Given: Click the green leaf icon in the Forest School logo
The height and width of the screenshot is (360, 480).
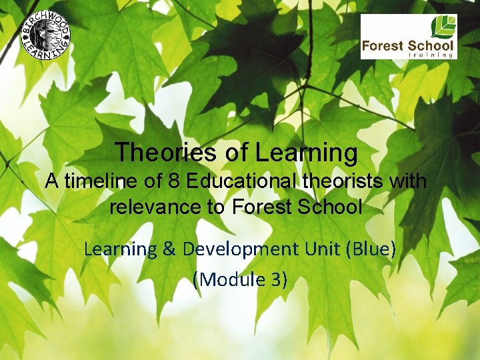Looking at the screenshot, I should [x=444, y=27].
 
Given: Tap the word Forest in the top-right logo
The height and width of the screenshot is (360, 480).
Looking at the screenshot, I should [x=382, y=47].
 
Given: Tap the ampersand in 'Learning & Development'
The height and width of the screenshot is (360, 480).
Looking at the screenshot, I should [x=169, y=249].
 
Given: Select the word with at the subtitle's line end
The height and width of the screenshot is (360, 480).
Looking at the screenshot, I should [x=408, y=181].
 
